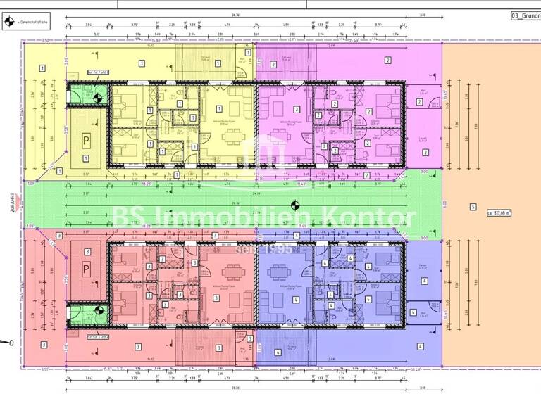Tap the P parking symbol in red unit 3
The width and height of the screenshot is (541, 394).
(x=86, y=268)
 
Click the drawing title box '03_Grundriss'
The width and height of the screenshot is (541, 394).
(x=525, y=16)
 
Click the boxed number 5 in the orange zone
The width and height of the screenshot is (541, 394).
(x=473, y=208)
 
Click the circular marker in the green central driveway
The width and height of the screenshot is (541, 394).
(x=296, y=205)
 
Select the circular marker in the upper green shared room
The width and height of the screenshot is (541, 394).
(x=98, y=99)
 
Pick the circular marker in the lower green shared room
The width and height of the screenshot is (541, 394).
(x=98, y=310)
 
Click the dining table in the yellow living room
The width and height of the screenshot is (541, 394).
(x=232, y=134)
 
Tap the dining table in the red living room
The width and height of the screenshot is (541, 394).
(x=232, y=277)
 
